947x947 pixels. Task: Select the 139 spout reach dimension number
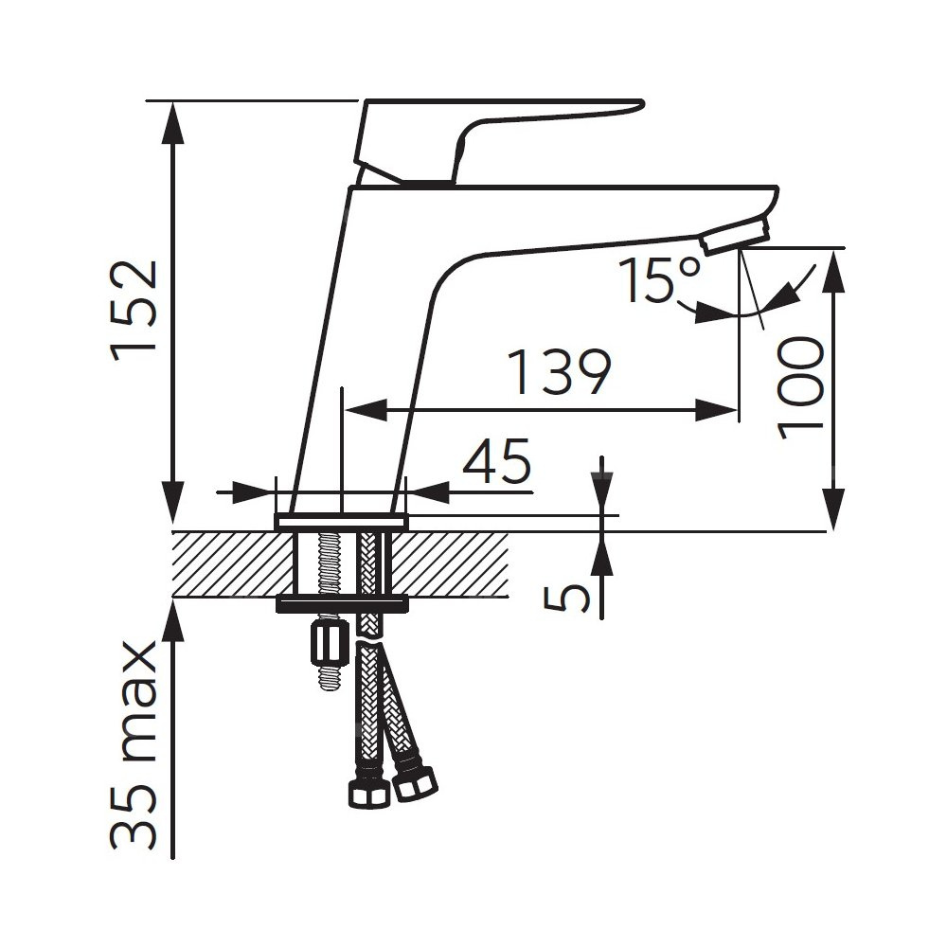pyautogui.click(x=560, y=371)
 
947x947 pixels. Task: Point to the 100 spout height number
pyautogui.click(x=801, y=388)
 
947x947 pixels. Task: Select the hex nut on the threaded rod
pyautogui.click(x=326, y=644)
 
